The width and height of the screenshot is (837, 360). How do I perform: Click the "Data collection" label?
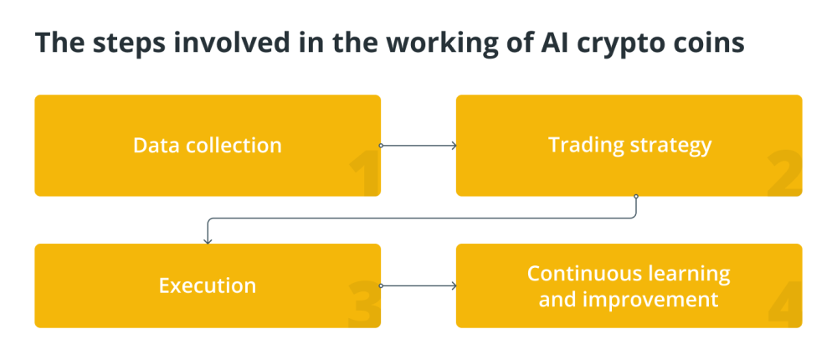pos(208,145)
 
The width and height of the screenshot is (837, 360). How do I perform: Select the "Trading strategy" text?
pos(629,145)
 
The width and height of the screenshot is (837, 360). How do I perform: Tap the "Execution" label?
pos(208,285)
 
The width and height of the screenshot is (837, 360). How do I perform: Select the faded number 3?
pos(363,306)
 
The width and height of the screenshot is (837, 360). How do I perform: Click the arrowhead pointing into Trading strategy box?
pos(453,146)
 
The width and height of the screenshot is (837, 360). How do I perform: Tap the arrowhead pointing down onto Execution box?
pos(208,240)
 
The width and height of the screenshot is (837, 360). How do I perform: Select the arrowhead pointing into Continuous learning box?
pos(453,285)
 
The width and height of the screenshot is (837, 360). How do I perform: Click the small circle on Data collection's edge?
pos(381,146)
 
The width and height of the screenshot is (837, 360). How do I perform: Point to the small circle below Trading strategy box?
pos(636,197)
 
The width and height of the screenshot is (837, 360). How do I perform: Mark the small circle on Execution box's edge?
pos(381,285)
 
